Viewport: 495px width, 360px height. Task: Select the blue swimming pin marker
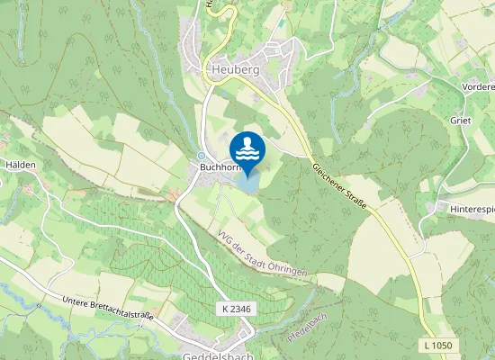[x=247, y=149]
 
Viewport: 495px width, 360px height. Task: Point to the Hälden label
[x=20, y=166]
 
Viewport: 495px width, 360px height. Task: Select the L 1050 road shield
[x=437, y=345]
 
